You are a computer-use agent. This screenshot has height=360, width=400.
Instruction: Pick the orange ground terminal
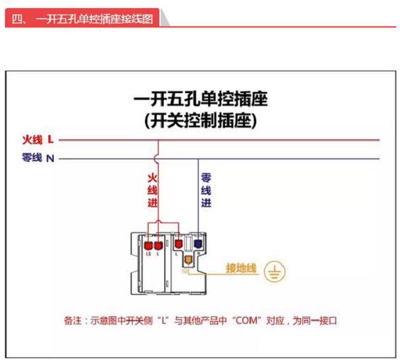coord(186,260)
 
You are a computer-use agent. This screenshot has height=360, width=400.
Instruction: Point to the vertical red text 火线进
coord(152,190)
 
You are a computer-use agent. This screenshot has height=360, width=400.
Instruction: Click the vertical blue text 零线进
coord(206,190)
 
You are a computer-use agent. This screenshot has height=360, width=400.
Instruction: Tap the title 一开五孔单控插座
coord(200,100)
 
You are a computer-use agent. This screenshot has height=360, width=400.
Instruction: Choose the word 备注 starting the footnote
coord(73,321)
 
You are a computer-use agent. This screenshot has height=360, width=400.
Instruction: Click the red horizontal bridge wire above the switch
coord(164,222)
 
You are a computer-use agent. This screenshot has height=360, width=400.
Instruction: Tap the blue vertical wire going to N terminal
coord(197,200)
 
